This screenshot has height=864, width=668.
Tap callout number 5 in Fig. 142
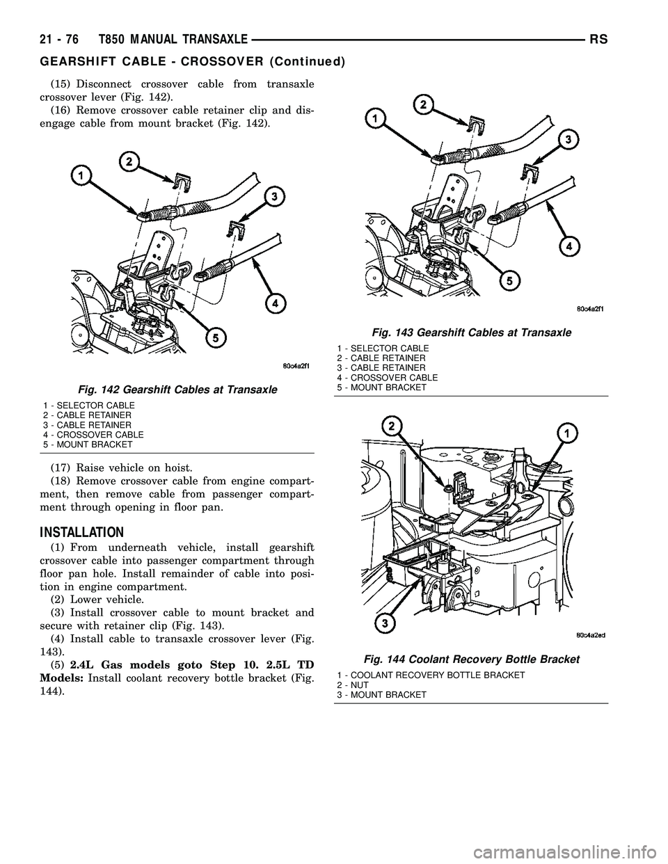click(x=218, y=337)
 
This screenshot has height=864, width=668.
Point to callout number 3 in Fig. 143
click(x=569, y=139)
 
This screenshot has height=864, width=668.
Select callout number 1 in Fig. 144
click(x=568, y=434)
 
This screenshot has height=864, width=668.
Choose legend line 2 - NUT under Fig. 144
click(x=353, y=685)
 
